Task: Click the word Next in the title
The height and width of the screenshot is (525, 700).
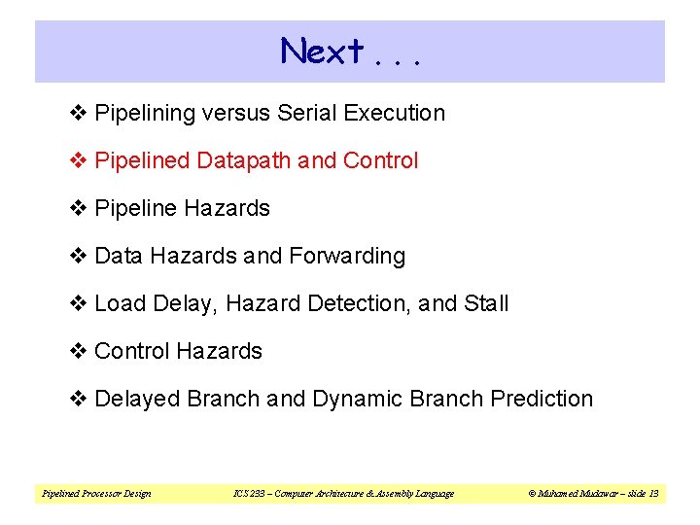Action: [x=323, y=51]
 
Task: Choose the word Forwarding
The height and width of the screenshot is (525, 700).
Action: [x=346, y=256]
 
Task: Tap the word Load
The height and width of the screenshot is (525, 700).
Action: [x=119, y=303]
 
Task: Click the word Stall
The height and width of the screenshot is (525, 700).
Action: [x=486, y=303]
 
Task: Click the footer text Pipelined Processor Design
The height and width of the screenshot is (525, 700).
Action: [x=96, y=494]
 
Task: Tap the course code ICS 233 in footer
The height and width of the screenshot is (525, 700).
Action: [x=247, y=494]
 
